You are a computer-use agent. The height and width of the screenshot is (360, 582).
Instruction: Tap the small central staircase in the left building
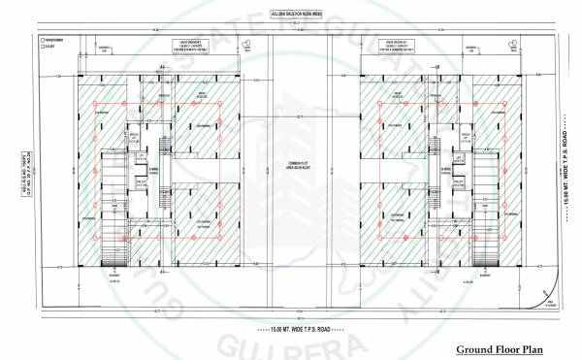(x=165, y=146)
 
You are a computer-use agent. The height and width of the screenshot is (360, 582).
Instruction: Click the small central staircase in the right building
(x=424, y=146)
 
